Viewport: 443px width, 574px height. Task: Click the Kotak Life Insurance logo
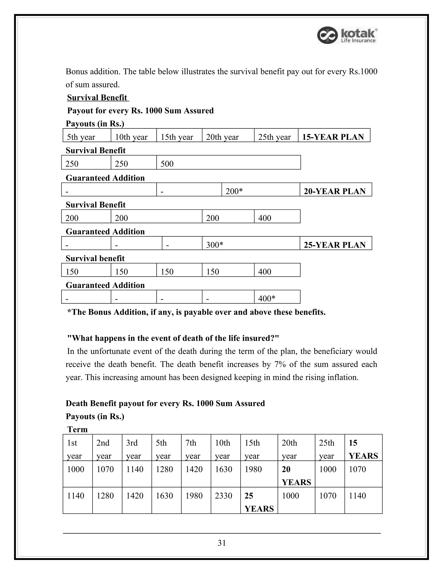coord(347,35)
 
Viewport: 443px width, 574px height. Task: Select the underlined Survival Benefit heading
coord(97,97)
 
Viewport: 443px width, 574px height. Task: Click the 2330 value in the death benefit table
coord(224,495)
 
